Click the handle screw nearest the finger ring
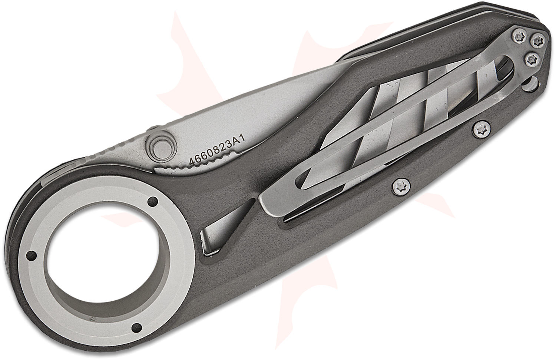tap(401, 186)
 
